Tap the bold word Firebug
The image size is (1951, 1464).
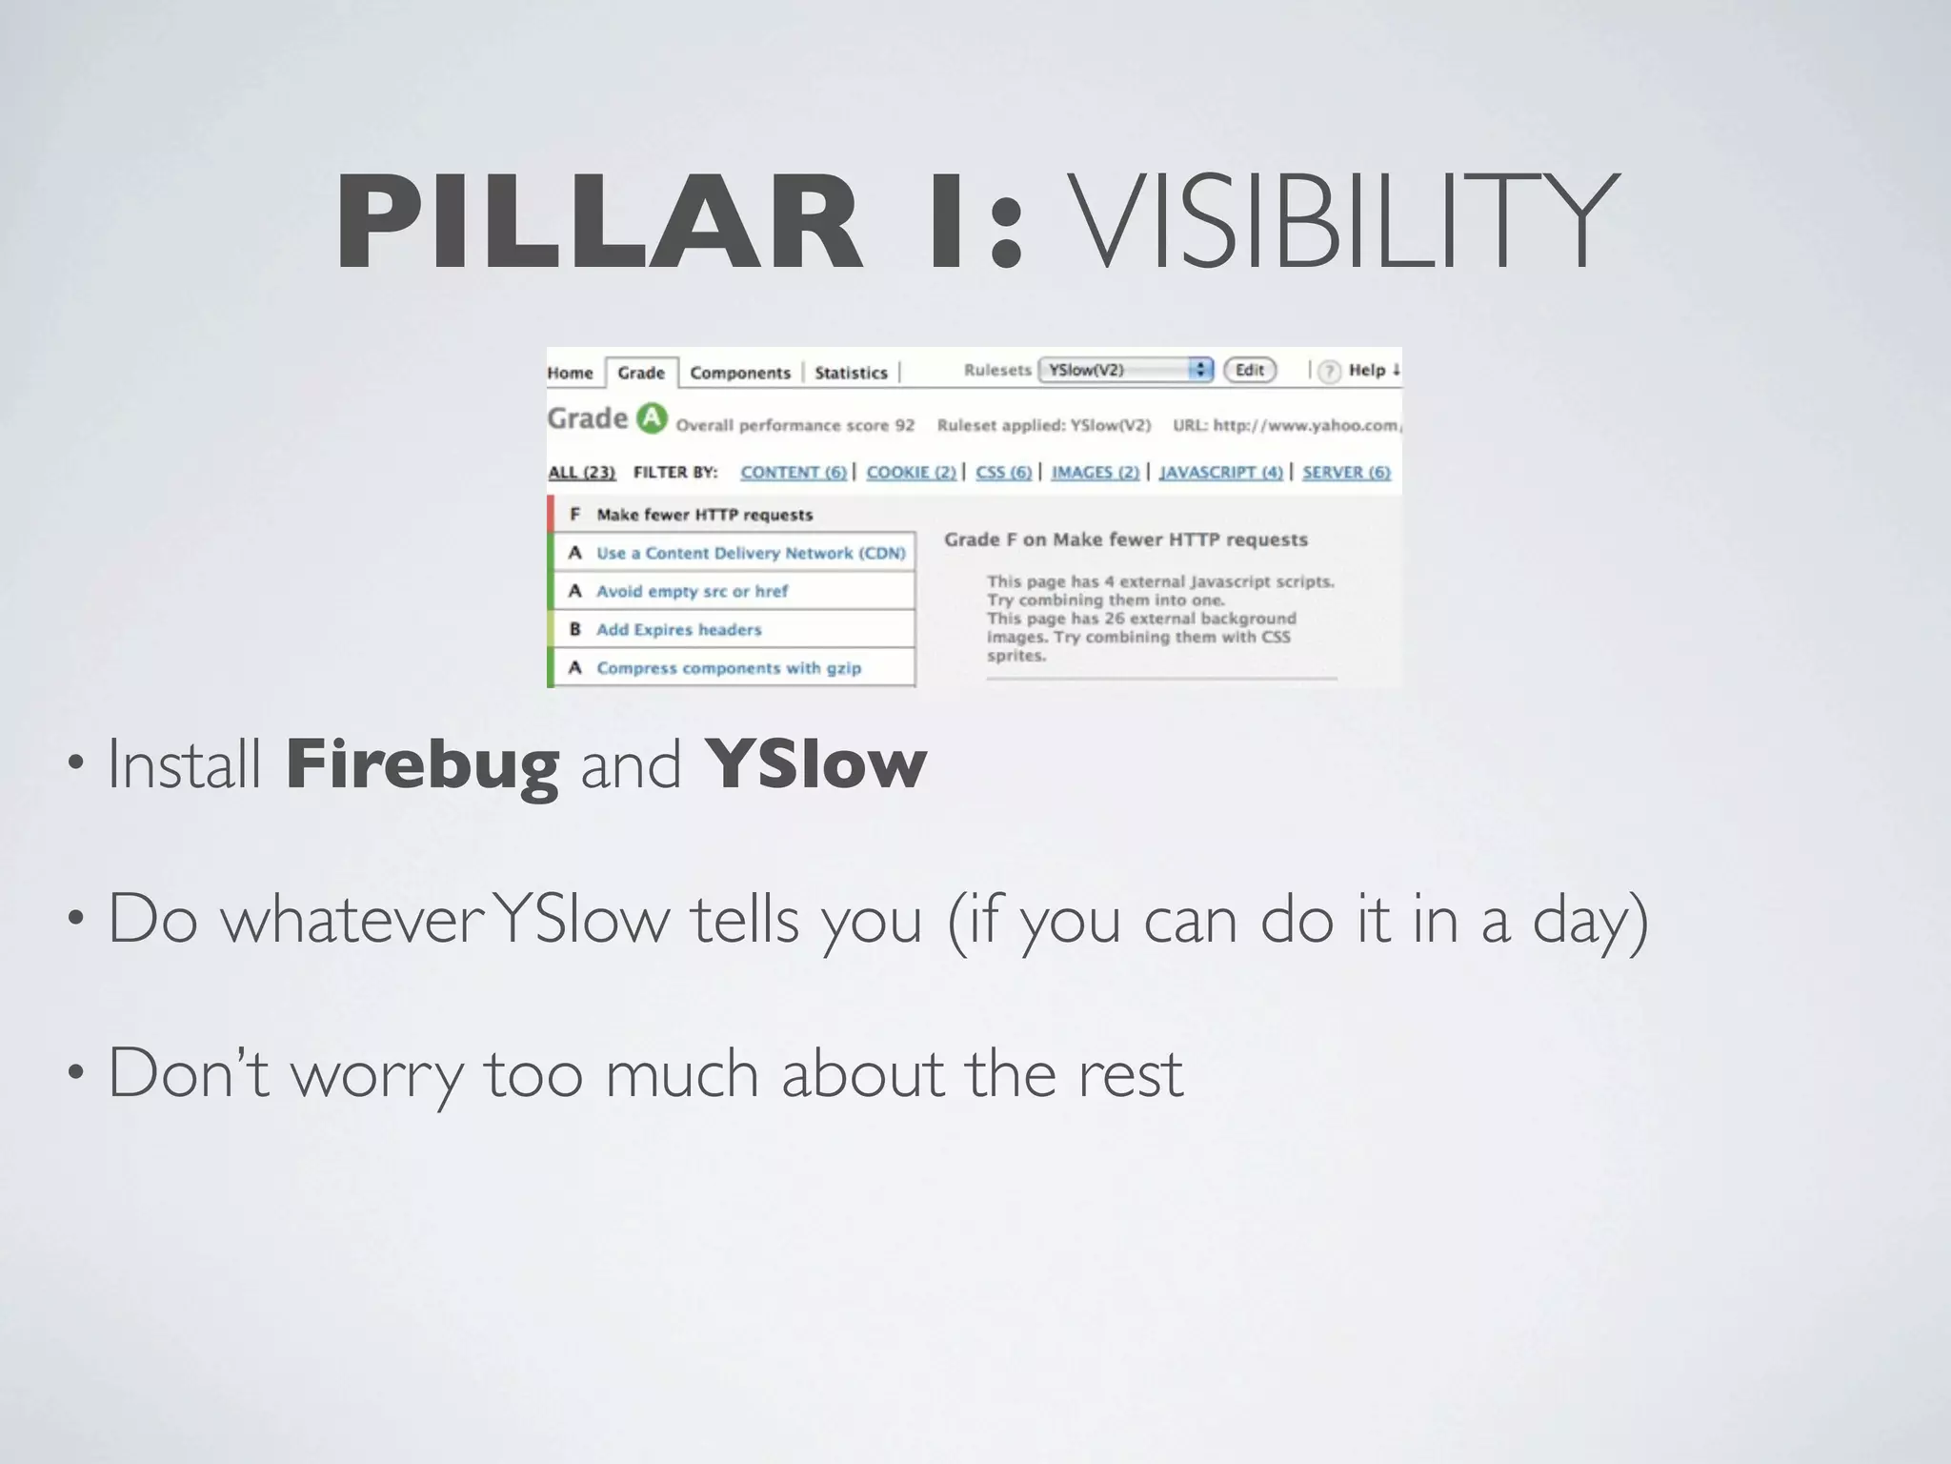pyautogui.click(x=422, y=764)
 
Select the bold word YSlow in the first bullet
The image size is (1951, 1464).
pyautogui.click(x=815, y=764)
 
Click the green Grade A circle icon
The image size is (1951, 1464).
pyautogui.click(x=652, y=418)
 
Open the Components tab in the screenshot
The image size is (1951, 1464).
pyautogui.click(x=740, y=373)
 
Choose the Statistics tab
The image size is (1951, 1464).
pyautogui.click(x=851, y=373)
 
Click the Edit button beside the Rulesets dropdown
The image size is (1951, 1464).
pyautogui.click(x=1250, y=370)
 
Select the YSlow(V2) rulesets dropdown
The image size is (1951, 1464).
pyautogui.click(x=1125, y=370)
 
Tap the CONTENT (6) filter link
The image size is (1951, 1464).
pyautogui.click(x=794, y=472)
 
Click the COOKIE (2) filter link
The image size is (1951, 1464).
pyautogui.click(x=911, y=472)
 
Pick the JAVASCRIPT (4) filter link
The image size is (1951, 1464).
pyautogui.click(x=1220, y=472)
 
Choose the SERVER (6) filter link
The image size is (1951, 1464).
pyautogui.click(x=1346, y=472)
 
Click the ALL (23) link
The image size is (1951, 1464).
pyautogui.click(x=582, y=472)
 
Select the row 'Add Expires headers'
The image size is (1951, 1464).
pyautogui.click(x=679, y=629)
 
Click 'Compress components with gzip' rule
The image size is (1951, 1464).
pyautogui.click(x=729, y=668)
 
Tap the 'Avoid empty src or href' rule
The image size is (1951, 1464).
pyautogui.click(x=693, y=591)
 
